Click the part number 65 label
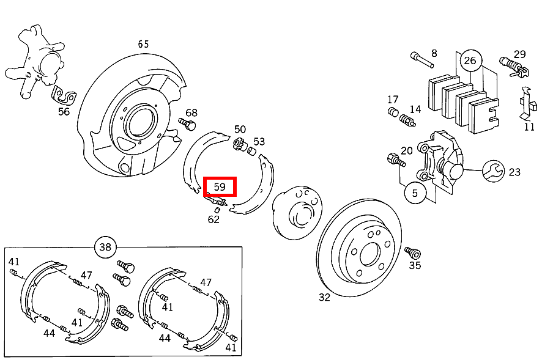pyautogui.click(x=143, y=44)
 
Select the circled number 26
pyautogui.click(x=470, y=60)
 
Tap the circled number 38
pyautogui.click(x=105, y=247)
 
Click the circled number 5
pyautogui.click(x=415, y=193)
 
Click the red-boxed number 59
pyautogui.click(x=220, y=186)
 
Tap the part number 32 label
pyautogui.click(x=324, y=297)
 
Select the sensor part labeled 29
pyautogui.click(x=513, y=65)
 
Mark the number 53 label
pyautogui.click(x=259, y=142)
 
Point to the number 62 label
pyautogui.click(x=213, y=219)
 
